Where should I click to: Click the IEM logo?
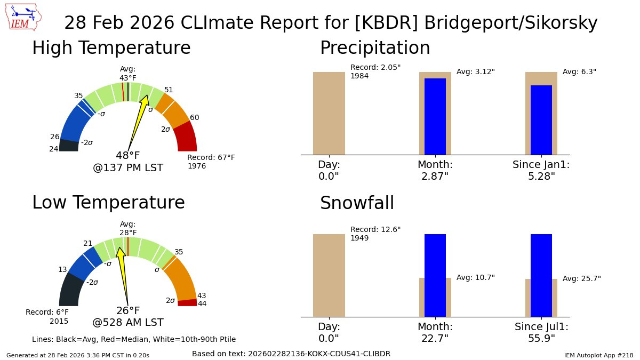pos(23,17)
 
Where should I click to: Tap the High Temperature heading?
pos(111,47)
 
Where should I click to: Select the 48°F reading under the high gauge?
pos(127,155)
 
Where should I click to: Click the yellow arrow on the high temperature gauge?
pos(138,123)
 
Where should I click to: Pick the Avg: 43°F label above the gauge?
pos(127,74)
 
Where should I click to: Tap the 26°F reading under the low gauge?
pos(128,310)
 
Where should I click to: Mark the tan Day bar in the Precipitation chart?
pos(329,114)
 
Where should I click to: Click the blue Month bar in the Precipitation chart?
pos(435,117)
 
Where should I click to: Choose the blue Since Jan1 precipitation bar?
pos(541,120)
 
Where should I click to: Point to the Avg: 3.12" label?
pos(475,71)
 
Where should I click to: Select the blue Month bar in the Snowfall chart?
pos(435,275)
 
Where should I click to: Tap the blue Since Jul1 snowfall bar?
pos(541,275)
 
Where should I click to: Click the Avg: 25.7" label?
pos(582,278)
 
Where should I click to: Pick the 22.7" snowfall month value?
pos(435,339)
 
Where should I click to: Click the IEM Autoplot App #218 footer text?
pos(599,355)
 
